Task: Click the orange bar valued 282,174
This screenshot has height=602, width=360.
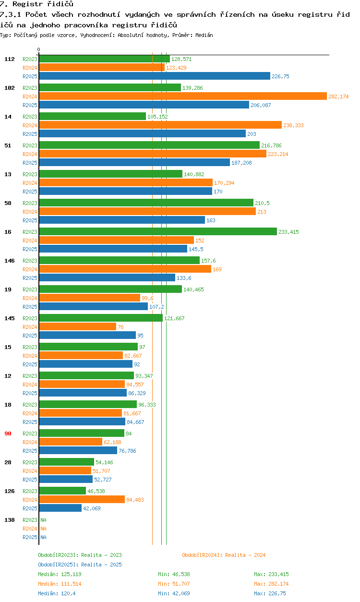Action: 183,96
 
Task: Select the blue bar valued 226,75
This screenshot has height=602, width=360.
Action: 155,76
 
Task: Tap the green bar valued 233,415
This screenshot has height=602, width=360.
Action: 158,232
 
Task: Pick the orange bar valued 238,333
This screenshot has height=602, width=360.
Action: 160,125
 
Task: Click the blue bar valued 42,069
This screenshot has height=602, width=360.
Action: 60,508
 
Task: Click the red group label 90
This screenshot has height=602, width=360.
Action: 8,433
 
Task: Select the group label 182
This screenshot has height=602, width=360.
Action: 10,88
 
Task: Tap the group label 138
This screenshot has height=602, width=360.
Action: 10,520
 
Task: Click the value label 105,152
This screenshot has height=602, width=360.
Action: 157,117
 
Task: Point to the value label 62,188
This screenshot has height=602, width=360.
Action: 112,442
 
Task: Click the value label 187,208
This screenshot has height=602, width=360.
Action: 241,163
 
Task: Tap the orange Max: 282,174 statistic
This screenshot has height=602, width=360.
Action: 271,584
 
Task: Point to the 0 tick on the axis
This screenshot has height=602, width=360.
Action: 39,49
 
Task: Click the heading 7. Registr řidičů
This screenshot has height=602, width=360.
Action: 36,4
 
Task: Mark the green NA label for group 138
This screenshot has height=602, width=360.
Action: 43,520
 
